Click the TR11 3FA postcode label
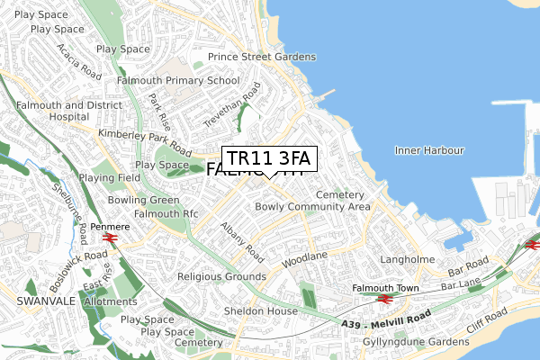(x=268, y=159)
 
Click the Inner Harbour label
(x=428, y=149)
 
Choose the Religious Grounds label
(x=221, y=276)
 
